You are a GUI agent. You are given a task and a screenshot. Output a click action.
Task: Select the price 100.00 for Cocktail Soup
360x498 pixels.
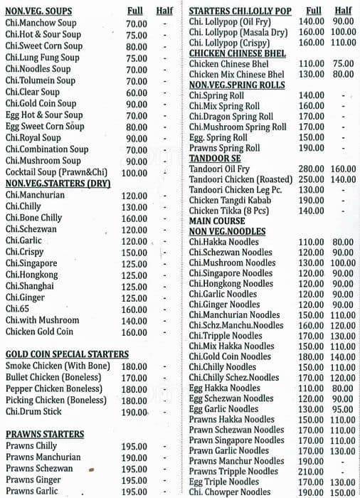134,172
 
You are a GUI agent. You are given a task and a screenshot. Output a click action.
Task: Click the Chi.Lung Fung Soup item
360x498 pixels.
42,58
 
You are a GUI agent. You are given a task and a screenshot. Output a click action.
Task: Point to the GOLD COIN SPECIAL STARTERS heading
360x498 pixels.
67,354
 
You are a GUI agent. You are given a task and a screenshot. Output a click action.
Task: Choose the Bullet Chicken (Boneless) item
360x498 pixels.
55,377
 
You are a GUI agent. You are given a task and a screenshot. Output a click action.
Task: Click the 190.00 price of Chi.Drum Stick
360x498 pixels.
134,412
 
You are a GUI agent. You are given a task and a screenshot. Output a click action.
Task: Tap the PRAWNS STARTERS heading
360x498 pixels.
44,434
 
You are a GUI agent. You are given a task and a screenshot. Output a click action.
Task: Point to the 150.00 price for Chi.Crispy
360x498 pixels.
134,253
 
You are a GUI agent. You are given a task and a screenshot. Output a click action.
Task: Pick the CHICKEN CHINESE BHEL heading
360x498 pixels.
238,53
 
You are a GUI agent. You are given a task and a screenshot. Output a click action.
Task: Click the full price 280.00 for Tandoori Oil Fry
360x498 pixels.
311,169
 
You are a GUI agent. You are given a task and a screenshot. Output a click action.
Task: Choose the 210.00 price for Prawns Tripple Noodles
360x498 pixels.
311,471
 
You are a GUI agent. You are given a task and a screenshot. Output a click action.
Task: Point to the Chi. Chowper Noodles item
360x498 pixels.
230,492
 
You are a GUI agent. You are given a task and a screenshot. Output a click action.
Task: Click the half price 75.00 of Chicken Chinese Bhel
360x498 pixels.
344,64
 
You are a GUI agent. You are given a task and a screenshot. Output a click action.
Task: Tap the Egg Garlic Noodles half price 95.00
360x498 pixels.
344,409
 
